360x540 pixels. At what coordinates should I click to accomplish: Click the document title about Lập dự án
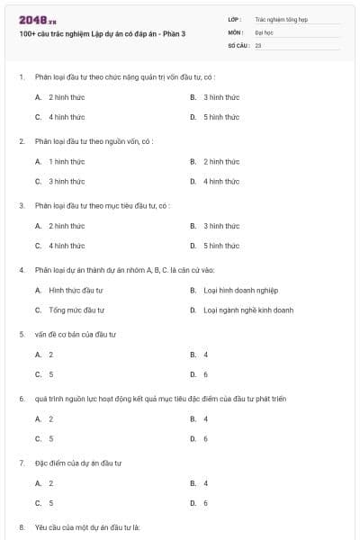click(101, 33)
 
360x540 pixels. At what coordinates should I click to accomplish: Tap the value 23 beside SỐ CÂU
click(258, 44)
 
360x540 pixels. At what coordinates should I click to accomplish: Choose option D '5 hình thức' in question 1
click(220, 117)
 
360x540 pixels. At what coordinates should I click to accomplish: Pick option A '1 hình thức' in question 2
click(66, 161)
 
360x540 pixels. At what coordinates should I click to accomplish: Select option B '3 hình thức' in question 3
click(220, 226)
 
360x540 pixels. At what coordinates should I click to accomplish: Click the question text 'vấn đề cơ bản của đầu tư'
click(76, 334)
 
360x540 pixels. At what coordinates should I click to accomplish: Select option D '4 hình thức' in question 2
click(220, 181)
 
